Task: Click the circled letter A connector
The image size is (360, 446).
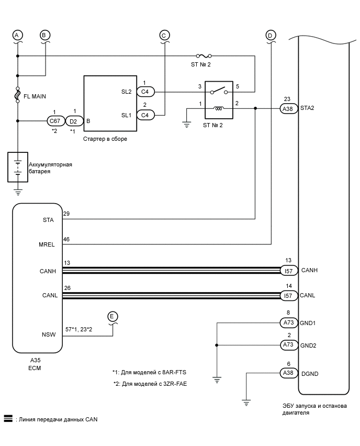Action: (17, 35)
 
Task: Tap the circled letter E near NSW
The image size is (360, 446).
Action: (113, 316)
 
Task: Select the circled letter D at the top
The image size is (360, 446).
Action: (271, 35)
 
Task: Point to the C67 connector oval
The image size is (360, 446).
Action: (54, 121)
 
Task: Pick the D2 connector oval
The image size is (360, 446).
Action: (74, 121)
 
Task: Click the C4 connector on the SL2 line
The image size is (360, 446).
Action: (145, 92)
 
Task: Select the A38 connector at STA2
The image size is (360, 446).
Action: (287, 109)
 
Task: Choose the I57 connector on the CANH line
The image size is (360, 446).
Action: (287, 271)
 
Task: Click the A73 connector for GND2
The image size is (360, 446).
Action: (287, 345)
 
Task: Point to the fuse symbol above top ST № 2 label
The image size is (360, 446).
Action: (203, 55)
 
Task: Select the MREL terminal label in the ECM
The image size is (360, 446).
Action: (47, 244)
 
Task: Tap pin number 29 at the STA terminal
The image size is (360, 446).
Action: (66, 215)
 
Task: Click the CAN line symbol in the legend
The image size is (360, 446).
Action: (8, 419)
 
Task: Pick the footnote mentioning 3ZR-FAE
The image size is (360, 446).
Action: (150, 384)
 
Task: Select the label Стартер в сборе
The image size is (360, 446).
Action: (105, 139)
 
